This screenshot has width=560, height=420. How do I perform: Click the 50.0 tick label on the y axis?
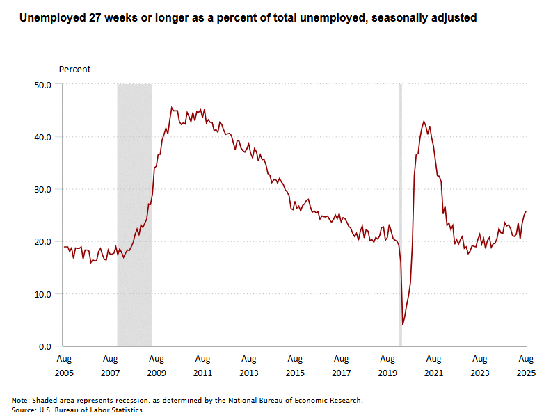(42, 85)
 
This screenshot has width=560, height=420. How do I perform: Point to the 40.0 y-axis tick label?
(42, 137)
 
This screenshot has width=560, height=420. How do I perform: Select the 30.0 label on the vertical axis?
(42, 189)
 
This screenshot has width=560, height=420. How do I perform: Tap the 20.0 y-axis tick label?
(42, 241)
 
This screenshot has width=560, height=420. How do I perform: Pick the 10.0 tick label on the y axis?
(42, 294)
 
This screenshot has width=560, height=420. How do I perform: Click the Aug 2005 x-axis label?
(63, 366)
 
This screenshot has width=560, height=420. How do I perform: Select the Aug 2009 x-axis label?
(156, 366)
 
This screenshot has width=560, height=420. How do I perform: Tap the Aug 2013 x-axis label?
(248, 366)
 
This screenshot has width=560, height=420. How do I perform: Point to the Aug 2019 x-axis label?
(387, 366)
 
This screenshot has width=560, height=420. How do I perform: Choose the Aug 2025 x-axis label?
(526, 366)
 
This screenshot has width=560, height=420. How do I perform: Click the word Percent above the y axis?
(74, 70)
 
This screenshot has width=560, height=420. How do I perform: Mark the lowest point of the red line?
(403, 324)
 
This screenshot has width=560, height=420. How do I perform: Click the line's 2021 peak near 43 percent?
(424, 121)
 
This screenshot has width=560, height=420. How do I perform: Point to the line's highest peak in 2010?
(172, 108)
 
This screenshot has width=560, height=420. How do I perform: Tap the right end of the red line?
(526, 211)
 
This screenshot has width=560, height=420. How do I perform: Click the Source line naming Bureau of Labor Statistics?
(77, 410)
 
